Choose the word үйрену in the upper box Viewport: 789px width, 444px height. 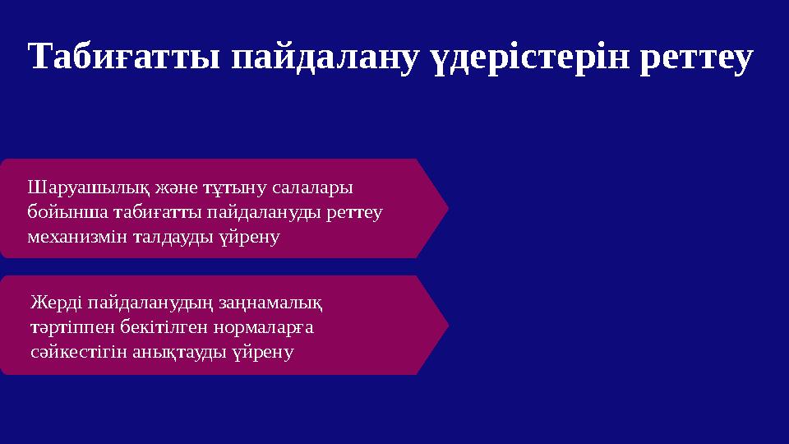click(250, 237)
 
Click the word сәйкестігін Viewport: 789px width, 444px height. click(70, 352)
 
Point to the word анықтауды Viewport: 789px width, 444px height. click(168, 352)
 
